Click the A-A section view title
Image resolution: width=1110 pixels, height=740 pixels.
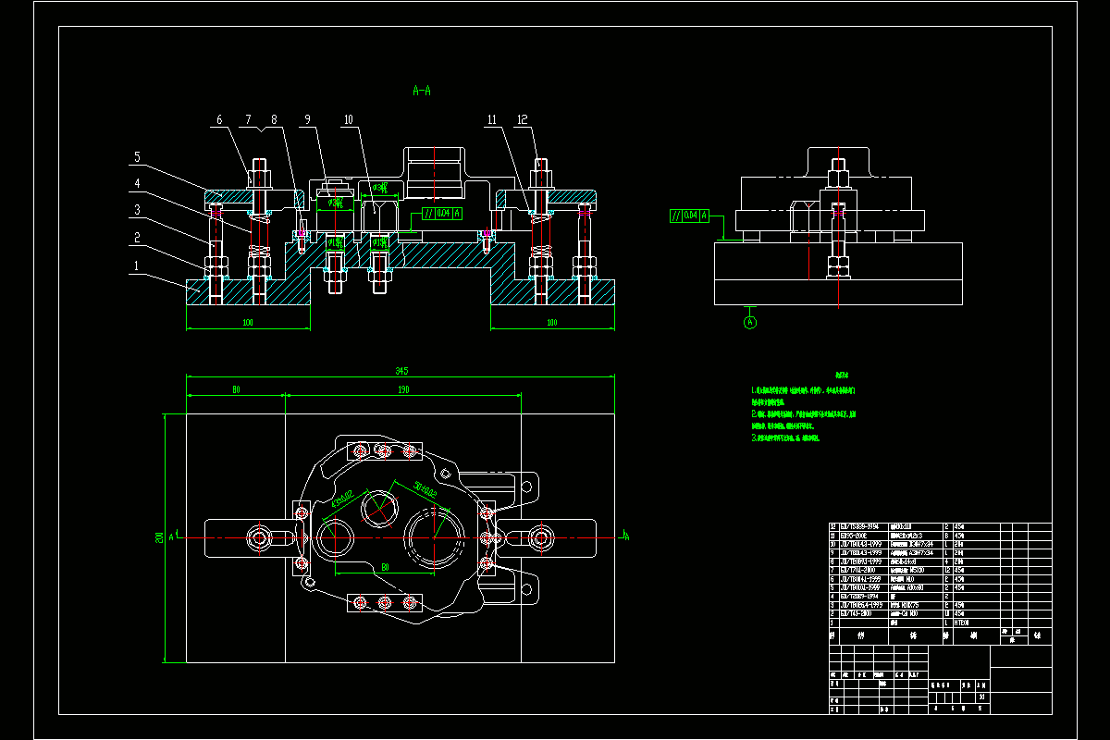(x=422, y=91)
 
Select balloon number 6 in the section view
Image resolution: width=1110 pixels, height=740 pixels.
(x=219, y=120)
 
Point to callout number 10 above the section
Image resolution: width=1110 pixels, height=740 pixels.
(x=348, y=120)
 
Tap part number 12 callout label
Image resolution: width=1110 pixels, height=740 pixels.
(x=523, y=120)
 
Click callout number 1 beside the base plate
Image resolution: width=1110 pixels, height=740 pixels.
(x=137, y=266)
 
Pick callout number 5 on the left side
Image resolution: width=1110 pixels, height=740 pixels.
(x=136, y=156)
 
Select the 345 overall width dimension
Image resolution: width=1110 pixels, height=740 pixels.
(x=401, y=371)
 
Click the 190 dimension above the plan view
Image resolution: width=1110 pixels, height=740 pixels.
(x=403, y=390)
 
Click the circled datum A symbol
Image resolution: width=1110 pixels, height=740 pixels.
(x=750, y=322)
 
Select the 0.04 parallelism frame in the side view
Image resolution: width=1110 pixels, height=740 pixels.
(x=689, y=216)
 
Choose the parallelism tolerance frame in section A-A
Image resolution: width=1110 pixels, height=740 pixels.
(x=442, y=214)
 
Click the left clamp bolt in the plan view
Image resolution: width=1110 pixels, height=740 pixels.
(x=259, y=537)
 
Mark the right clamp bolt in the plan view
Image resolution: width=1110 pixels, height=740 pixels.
(x=540, y=536)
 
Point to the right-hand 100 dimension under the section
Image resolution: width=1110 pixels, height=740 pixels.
(x=552, y=323)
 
